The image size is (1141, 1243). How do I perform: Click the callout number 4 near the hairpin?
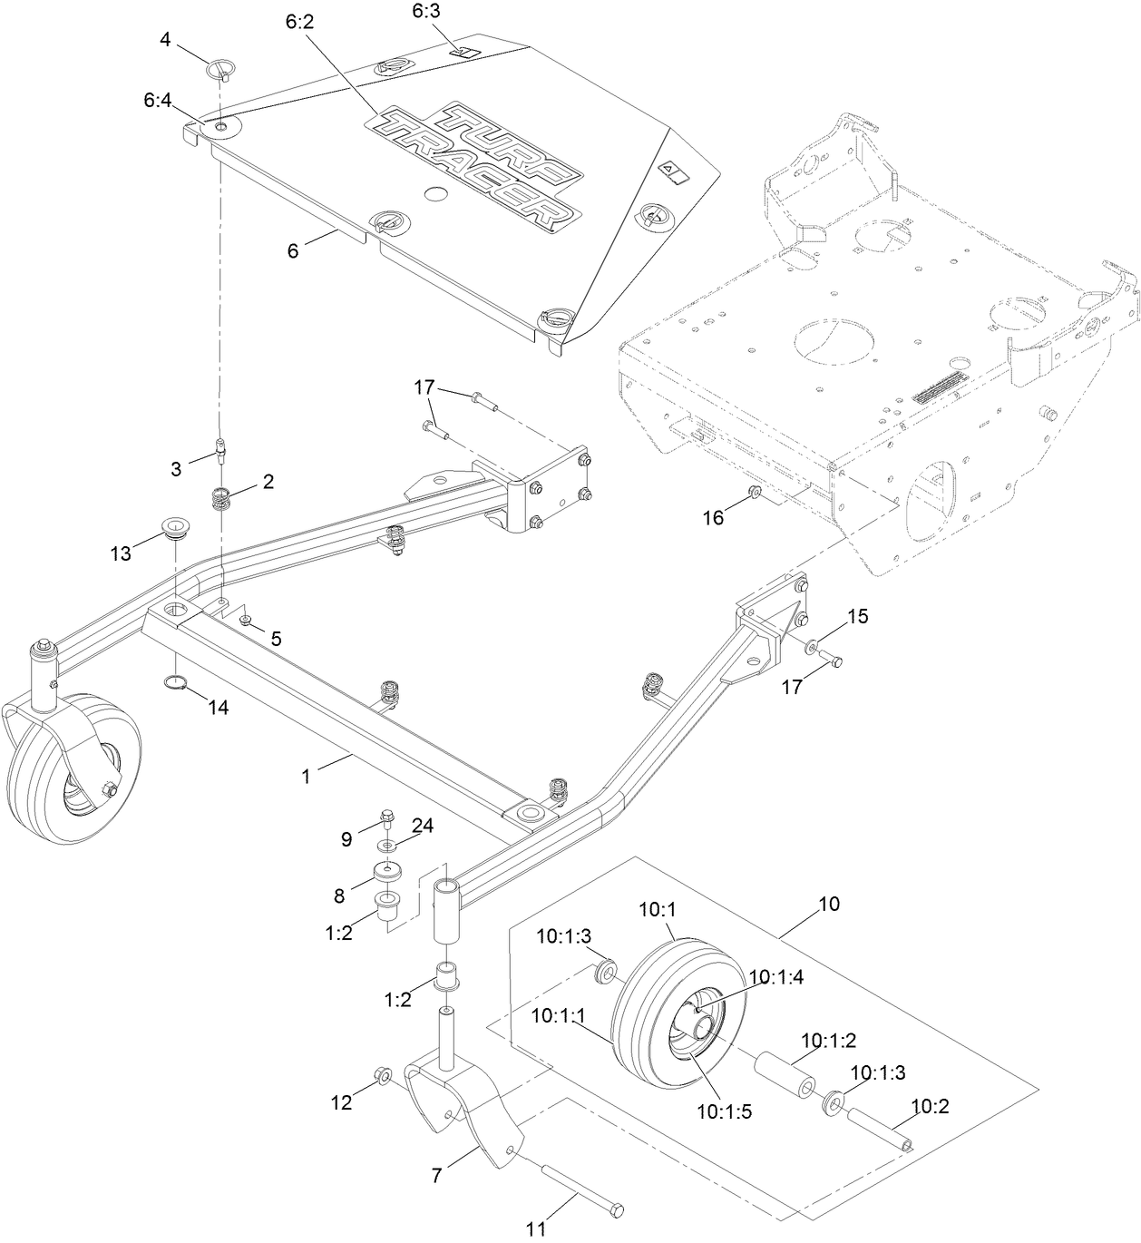point(165,39)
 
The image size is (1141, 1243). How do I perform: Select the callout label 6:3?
point(425,12)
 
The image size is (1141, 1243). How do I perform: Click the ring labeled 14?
point(176,683)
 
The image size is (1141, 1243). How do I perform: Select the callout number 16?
point(714,517)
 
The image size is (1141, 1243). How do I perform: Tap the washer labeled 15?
point(810,646)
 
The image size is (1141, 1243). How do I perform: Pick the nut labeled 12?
point(383,1076)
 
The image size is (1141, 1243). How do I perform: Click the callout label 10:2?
point(930,1106)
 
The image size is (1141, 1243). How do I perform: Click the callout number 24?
point(423,826)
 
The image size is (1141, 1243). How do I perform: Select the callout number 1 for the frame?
point(306,777)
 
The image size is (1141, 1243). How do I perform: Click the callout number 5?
point(275,639)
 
